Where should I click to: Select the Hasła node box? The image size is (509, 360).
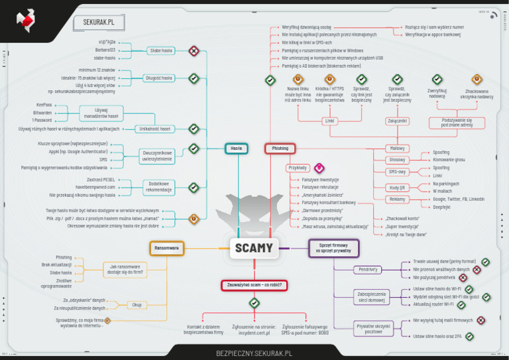[x=236, y=149]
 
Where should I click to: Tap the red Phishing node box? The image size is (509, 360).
[x=280, y=149]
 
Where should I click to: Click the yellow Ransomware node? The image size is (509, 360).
[x=166, y=248]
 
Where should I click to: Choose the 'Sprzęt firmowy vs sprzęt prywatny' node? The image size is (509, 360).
[x=333, y=248]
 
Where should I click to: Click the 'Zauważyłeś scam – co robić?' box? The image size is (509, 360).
[x=254, y=284]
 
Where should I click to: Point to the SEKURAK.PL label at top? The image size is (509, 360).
[x=99, y=22]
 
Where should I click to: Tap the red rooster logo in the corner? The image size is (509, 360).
[x=26, y=20]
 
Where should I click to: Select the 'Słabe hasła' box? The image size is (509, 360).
[x=160, y=50]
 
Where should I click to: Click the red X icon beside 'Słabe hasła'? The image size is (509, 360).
[x=194, y=50]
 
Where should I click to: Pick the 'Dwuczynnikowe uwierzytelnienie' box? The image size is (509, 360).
[x=157, y=156]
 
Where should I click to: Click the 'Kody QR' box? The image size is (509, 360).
[x=398, y=188]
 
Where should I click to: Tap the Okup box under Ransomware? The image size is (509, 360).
[x=137, y=305]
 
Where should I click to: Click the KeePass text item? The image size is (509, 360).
[x=44, y=105]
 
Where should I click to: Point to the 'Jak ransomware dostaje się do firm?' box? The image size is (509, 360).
[x=125, y=269]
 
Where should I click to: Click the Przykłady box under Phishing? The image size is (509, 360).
[x=298, y=168]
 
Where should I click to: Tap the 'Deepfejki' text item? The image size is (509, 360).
[x=441, y=207]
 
